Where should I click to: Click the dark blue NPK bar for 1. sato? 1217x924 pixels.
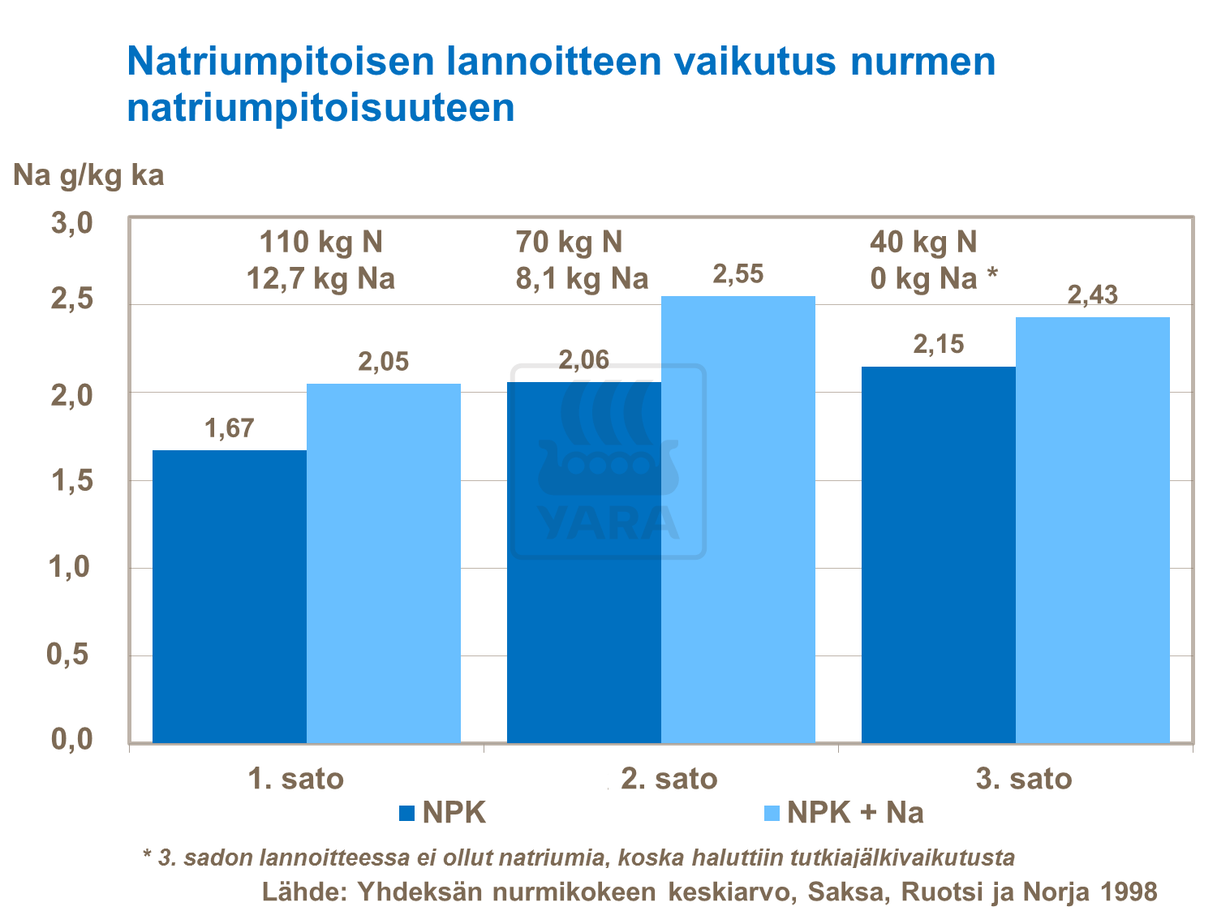pyautogui.click(x=229, y=596)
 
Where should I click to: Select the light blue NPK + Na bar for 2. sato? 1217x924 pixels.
pyautogui.click(x=738, y=519)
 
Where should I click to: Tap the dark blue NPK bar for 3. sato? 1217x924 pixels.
pyautogui.click(x=938, y=555)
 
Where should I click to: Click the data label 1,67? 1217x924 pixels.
pyautogui.click(x=230, y=428)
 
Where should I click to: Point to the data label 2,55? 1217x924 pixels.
pyautogui.click(x=738, y=275)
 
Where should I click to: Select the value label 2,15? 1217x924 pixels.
pyautogui.click(x=939, y=345)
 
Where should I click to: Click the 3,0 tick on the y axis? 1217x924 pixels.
pyautogui.click(x=72, y=223)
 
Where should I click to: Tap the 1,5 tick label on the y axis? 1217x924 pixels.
pyautogui.click(x=72, y=481)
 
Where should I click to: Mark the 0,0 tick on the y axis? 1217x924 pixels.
pyautogui.click(x=72, y=739)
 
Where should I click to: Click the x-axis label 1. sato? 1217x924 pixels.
pyautogui.click(x=296, y=779)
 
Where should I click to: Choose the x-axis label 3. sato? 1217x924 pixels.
pyautogui.click(x=1024, y=779)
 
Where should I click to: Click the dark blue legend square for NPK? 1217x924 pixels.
pyautogui.click(x=407, y=813)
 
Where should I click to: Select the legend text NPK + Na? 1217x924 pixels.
pyautogui.click(x=855, y=813)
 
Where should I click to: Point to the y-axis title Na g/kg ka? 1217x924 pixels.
pyautogui.click(x=88, y=175)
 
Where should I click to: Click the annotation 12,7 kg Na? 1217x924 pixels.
pyautogui.click(x=320, y=279)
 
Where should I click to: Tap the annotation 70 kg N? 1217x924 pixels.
pyautogui.click(x=569, y=242)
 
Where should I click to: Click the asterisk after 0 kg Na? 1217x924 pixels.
pyautogui.click(x=991, y=276)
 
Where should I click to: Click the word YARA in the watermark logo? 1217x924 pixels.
pyautogui.click(x=608, y=522)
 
